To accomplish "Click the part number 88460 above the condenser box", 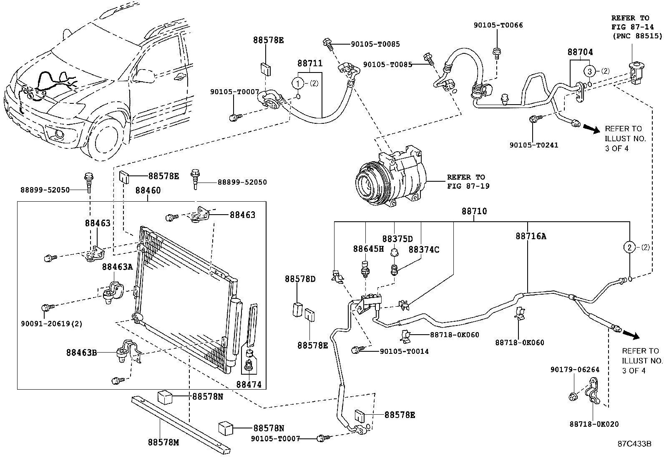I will pyautogui.click(x=148, y=190).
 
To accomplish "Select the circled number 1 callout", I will pyautogui.click(x=298, y=83).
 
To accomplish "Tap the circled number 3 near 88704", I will pyautogui.click(x=589, y=71).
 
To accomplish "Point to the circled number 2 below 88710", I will pyautogui.click(x=629, y=248).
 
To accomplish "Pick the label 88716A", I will pyautogui.click(x=531, y=236).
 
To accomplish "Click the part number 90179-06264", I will pyautogui.click(x=575, y=370).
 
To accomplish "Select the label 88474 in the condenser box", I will pyautogui.click(x=249, y=384).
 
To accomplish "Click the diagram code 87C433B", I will pyautogui.click(x=634, y=444).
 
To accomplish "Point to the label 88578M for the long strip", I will pyautogui.click(x=163, y=443).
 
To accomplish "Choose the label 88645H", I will pyautogui.click(x=368, y=249).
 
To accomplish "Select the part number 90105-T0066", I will pyautogui.click(x=498, y=25).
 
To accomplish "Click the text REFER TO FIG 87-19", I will pyautogui.click(x=467, y=181).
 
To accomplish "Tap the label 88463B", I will pyautogui.click(x=81, y=353).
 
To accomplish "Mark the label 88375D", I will pyautogui.click(x=397, y=239).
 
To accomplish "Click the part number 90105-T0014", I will pyautogui.click(x=404, y=351).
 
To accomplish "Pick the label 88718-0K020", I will pyautogui.click(x=594, y=424).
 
